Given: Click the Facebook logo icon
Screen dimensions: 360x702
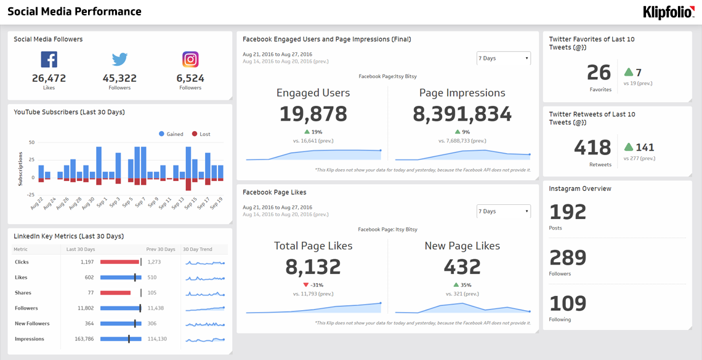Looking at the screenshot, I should pos(49,59).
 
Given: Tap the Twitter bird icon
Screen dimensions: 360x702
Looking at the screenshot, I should pos(119,59).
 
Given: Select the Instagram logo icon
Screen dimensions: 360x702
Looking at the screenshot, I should pos(190,59).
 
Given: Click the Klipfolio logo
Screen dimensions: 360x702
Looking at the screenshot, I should pos(668,12).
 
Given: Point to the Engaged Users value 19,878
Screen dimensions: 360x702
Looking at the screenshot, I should pos(313,114).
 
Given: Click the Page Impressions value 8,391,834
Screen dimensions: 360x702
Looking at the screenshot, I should pos(462,114).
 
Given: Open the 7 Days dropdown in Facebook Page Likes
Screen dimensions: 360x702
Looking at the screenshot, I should pos(503,211).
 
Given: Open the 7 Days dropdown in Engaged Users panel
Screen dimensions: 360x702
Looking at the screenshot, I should pos(503,58).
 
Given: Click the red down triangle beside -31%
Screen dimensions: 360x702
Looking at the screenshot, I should pos(306,285).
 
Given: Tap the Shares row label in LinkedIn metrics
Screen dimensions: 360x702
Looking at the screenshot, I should pos(23,293).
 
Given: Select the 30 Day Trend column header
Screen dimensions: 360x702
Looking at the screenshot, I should pos(197,249).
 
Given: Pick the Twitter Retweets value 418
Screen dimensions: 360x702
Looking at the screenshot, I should pos(592,148).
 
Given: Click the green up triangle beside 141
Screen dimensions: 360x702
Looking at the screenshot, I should pos(628,147).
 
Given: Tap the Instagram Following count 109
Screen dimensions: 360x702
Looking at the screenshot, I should pos(568,303).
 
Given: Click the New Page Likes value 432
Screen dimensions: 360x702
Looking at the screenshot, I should pos(462,266).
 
